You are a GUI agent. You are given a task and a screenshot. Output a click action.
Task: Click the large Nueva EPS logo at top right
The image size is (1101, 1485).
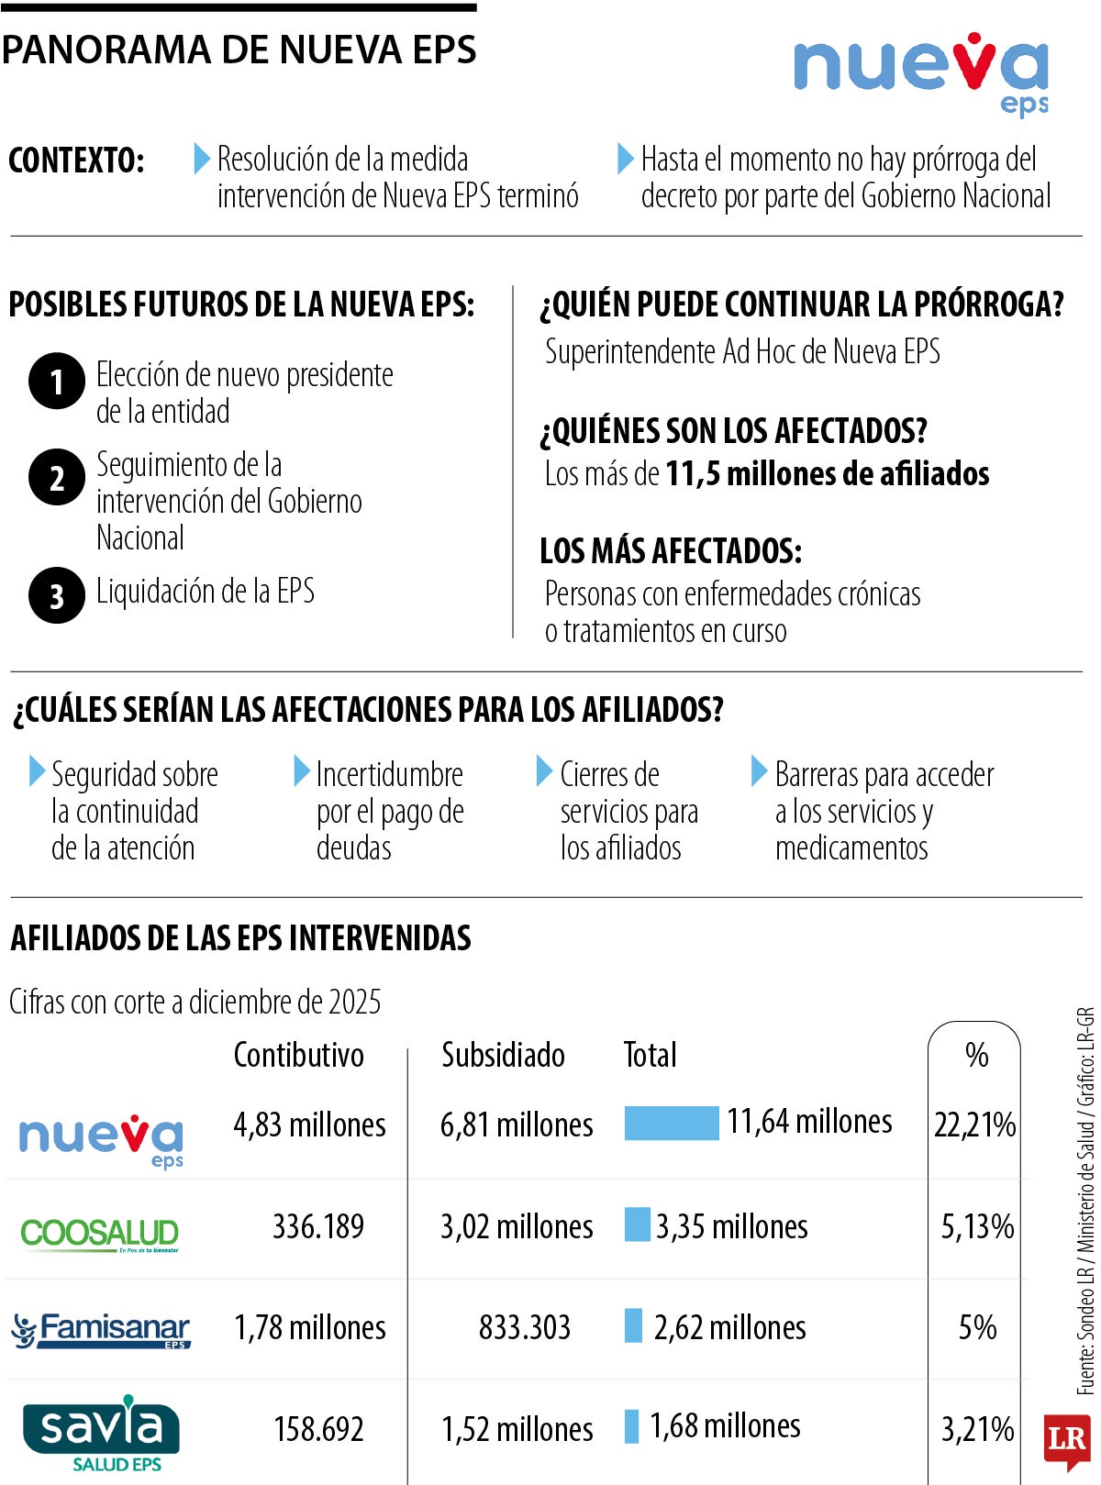coord(920,73)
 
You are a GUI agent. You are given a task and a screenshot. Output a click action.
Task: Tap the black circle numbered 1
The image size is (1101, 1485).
coord(57,381)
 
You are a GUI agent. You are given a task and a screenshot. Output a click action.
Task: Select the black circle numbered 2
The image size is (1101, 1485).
coord(57,477)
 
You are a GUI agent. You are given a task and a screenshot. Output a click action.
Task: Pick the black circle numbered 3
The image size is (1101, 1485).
coord(57,595)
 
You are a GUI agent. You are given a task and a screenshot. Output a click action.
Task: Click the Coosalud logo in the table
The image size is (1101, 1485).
coord(100,1234)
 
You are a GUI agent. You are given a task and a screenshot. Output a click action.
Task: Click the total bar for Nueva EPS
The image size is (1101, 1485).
coord(671,1123)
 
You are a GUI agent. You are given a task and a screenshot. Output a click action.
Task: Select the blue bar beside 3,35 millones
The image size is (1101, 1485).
coord(637,1225)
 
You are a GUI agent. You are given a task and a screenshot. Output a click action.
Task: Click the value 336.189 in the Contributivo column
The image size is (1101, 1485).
coord(317,1226)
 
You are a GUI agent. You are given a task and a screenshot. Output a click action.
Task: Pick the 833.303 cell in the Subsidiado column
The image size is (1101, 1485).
coord(524,1327)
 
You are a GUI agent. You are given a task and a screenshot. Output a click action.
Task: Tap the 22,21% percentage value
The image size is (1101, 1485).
coord(974,1125)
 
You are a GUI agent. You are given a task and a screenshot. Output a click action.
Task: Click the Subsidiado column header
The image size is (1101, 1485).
coord(503,1055)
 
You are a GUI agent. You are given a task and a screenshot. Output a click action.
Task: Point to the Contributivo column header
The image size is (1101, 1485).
coord(298,1055)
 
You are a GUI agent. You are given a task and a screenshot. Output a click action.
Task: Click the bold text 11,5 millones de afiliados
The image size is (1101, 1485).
coord(827,473)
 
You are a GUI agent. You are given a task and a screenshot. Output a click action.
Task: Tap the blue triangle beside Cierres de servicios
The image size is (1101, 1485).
coord(544,771)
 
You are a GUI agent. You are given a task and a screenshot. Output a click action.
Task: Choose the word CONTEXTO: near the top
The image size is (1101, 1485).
coord(76,161)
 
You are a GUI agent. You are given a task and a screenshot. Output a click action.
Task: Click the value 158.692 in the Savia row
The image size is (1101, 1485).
coord(318,1428)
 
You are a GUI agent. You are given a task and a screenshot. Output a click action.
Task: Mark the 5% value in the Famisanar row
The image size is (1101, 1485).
coord(977,1327)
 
